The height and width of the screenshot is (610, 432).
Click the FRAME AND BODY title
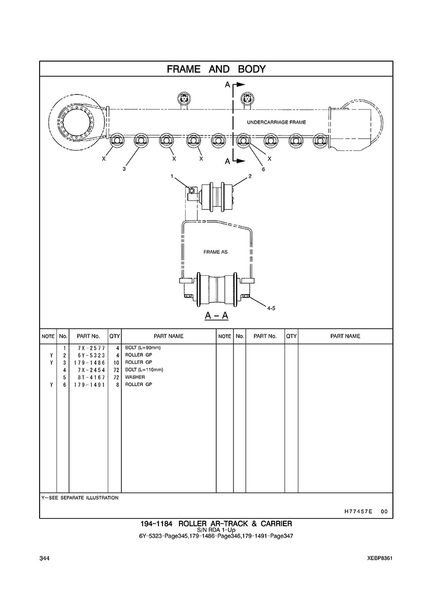pyautogui.click(x=216, y=69)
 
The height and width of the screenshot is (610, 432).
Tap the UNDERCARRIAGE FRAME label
pyautogui.click(x=276, y=122)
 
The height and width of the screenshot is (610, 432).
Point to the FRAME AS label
pyautogui.click(x=215, y=252)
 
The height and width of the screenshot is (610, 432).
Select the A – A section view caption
pyautogui.click(x=217, y=315)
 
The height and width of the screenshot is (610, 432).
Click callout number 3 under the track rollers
pyautogui.click(x=124, y=169)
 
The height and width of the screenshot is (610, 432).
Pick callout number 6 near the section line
pyautogui.click(x=263, y=169)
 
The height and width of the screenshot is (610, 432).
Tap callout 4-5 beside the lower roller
pyautogui.click(x=271, y=308)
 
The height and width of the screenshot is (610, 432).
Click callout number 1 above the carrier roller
pyautogui.click(x=172, y=176)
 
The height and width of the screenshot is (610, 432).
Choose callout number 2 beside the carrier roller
pyautogui.click(x=250, y=176)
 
